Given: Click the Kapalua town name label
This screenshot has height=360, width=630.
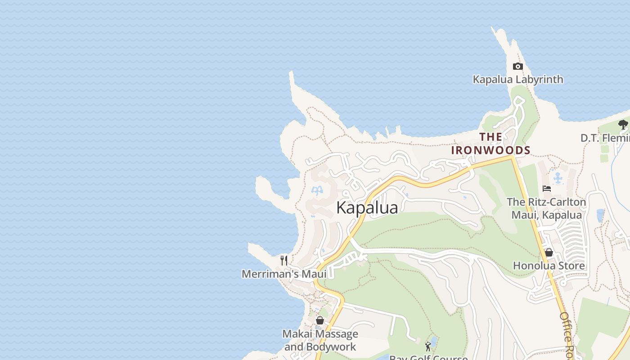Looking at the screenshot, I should coord(367,208).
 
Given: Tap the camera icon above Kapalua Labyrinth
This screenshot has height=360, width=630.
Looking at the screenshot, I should coord(517,67).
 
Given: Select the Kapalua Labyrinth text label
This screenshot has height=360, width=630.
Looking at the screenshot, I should coord(517,80).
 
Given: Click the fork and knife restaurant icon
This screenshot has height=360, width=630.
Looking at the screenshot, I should coord(284,260).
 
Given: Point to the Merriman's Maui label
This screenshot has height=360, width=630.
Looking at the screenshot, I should coord(284,274).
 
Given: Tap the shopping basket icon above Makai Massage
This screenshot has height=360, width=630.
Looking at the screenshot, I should coord(320,320).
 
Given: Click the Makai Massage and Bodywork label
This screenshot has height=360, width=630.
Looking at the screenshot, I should coord(320,341).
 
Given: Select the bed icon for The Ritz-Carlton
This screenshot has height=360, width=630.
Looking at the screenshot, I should coord(547,189).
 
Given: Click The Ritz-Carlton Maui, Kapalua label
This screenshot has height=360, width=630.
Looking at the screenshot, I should coord(546,208).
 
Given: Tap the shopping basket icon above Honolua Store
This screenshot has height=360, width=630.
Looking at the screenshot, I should coord(549,252).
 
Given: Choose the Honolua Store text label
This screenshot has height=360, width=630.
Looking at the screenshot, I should coord(549,266).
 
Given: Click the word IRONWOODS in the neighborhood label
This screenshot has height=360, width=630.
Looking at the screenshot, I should coord(490,150).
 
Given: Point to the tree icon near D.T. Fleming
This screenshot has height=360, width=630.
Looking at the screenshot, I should coord(623,124).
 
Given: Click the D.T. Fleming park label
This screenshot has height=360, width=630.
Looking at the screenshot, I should coord(605,138).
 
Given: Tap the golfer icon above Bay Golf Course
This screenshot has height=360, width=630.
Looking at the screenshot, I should coord(428,346).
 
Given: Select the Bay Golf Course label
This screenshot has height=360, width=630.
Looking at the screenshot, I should coord(428,357).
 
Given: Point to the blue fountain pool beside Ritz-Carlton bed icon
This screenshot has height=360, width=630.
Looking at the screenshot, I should coord(558,178).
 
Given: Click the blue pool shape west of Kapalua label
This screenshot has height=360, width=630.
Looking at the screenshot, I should coord(317,191).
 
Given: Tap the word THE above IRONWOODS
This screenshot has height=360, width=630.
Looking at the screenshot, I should coord(490,137).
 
